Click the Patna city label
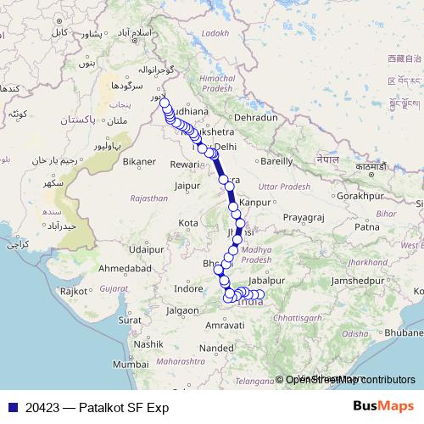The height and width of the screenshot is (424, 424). (x=366, y=227)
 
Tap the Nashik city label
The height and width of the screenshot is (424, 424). (x=148, y=344)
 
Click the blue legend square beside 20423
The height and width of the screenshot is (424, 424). (x=9, y=407)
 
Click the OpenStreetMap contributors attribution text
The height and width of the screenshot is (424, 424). (x=349, y=381)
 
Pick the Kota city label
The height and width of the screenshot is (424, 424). (x=188, y=223)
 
